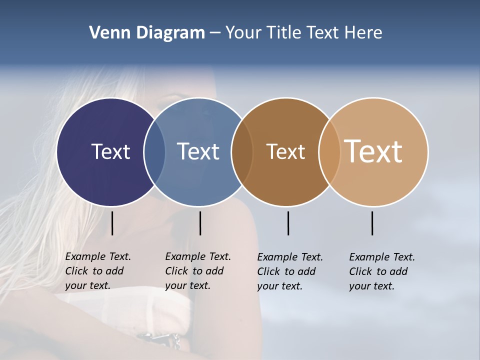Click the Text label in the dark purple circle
110,151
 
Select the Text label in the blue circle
198,151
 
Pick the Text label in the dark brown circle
285,151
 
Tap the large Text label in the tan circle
373,151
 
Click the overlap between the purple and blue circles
154,151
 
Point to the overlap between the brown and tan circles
329,151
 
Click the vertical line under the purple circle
112,223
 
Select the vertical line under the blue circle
200,223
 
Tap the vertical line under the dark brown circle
288,223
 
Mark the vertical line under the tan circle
372,223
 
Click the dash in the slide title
215,33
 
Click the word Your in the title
243,32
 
